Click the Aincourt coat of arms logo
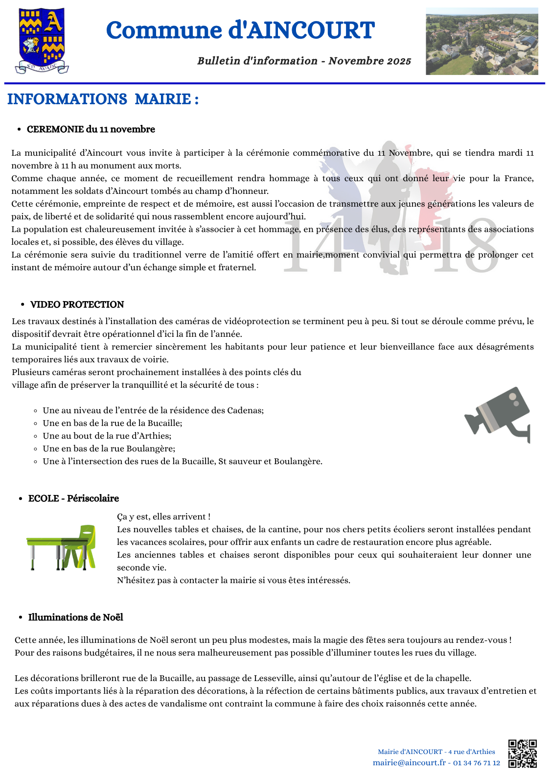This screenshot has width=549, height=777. [x=42, y=41]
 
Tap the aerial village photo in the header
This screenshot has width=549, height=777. [x=481, y=41]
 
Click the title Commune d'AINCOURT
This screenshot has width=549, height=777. [x=240, y=30]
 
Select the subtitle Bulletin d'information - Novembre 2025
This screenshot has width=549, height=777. [x=304, y=61]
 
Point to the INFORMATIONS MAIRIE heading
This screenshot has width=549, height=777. [x=103, y=99]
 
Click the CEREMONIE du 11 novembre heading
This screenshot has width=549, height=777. [x=91, y=129]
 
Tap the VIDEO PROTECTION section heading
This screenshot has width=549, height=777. [x=77, y=305]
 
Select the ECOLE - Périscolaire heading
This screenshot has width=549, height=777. [x=73, y=498]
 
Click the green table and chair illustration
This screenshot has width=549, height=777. [x=62, y=547]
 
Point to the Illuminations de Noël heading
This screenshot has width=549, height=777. [x=75, y=617]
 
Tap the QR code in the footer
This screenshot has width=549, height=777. [x=522, y=753]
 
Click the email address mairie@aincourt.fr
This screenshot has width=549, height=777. [x=409, y=763]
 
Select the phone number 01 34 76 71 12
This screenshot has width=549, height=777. [x=477, y=763]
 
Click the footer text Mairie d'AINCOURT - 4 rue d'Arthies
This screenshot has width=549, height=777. [x=436, y=752]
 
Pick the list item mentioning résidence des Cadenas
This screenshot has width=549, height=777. [x=153, y=410]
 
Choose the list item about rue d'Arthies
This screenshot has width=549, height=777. [x=107, y=436]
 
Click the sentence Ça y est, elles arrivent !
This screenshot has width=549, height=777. [x=163, y=517]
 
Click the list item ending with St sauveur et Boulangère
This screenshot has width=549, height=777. [x=183, y=461]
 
